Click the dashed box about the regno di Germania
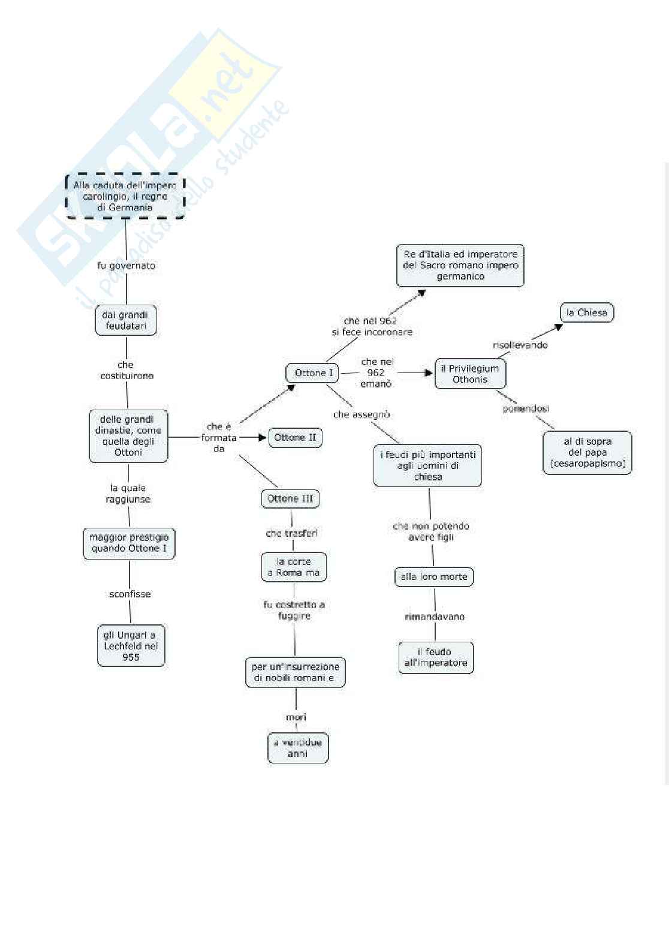click(x=125, y=196)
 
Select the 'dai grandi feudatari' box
click(x=126, y=320)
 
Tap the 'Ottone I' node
click(x=313, y=372)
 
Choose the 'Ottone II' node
click(x=295, y=437)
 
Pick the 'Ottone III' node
click(x=290, y=498)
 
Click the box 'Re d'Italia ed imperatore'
click(x=460, y=265)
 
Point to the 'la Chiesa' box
click(x=586, y=312)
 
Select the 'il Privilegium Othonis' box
click(x=470, y=374)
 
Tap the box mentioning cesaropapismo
click(x=587, y=452)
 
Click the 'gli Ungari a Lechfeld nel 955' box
click(x=131, y=645)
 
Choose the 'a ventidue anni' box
click(x=297, y=747)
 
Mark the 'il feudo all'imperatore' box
click(x=436, y=657)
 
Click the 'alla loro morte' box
click(x=434, y=576)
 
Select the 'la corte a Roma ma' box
click(x=294, y=567)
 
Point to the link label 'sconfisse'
click(x=130, y=594)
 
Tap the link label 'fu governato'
click(x=126, y=265)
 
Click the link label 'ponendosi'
click(x=526, y=408)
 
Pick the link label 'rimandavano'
click(x=435, y=617)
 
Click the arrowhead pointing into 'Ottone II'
click(x=262, y=437)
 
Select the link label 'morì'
click(x=296, y=717)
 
